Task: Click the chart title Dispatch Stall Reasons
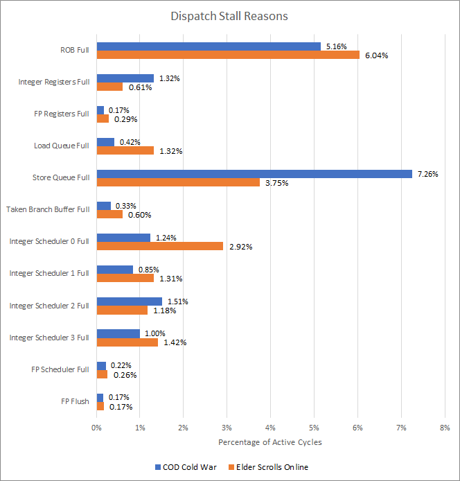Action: pyautogui.click(x=229, y=16)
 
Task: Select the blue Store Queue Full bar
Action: pyautogui.click(x=254, y=173)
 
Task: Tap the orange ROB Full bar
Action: pyautogui.click(x=228, y=55)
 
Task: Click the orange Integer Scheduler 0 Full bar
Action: pyautogui.click(x=160, y=246)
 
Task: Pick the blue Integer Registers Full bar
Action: pyautogui.click(x=125, y=78)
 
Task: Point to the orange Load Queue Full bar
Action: pyautogui.click(x=125, y=150)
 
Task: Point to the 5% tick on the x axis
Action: pyautogui.click(x=314, y=427)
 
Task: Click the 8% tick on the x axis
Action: pyautogui.click(x=444, y=427)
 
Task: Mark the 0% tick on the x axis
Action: pyautogui.click(x=97, y=427)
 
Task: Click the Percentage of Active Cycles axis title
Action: pyautogui.click(x=270, y=442)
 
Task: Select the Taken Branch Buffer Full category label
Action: pyautogui.click(x=48, y=209)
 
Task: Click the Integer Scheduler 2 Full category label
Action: pyautogui.click(x=49, y=305)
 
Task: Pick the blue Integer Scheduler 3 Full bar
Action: pyautogui.click(x=118, y=333)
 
